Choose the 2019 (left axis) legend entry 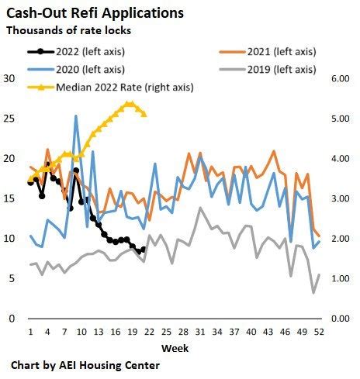click(279, 69)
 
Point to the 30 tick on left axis click(10, 79)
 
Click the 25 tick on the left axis click(10, 119)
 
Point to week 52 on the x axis click(319, 332)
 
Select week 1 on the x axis click(30, 332)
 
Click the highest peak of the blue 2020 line click(76, 116)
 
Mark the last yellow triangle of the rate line click(144, 114)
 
